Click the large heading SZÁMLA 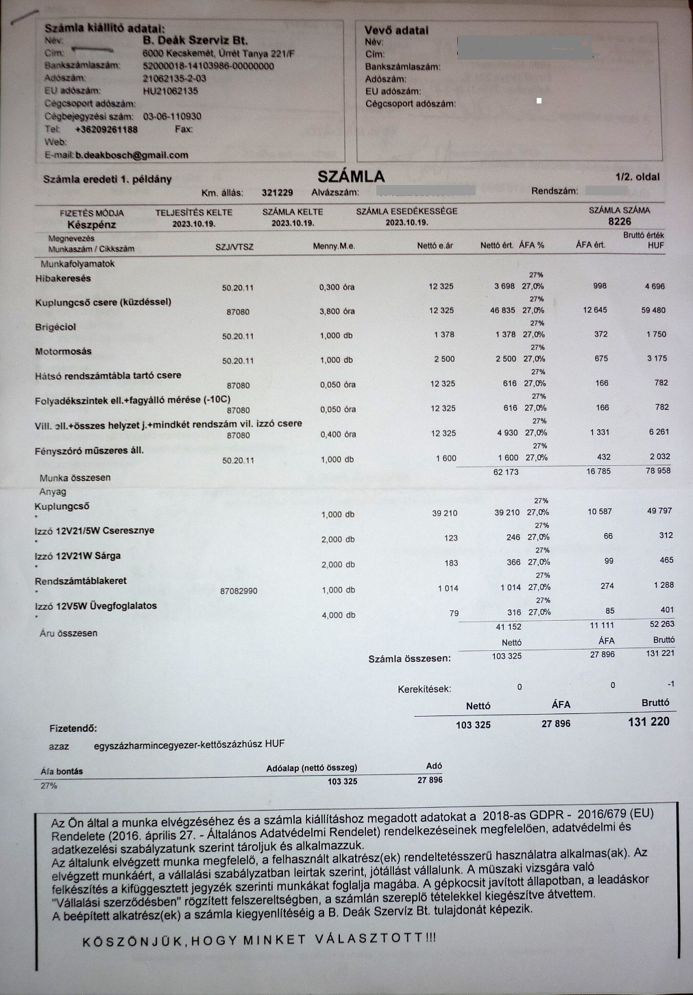click(x=351, y=177)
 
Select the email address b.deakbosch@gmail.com click(x=132, y=155)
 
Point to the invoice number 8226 click(x=619, y=221)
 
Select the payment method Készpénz click(x=92, y=224)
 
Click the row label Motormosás click(x=63, y=352)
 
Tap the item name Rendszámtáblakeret click(x=81, y=581)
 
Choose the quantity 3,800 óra click(x=337, y=311)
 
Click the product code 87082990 click(x=239, y=590)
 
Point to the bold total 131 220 click(x=648, y=722)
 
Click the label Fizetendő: click(x=73, y=728)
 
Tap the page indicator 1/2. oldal click(x=637, y=177)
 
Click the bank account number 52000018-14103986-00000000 click(x=208, y=66)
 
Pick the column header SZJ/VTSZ click(x=234, y=247)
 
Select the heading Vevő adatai click(x=396, y=30)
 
